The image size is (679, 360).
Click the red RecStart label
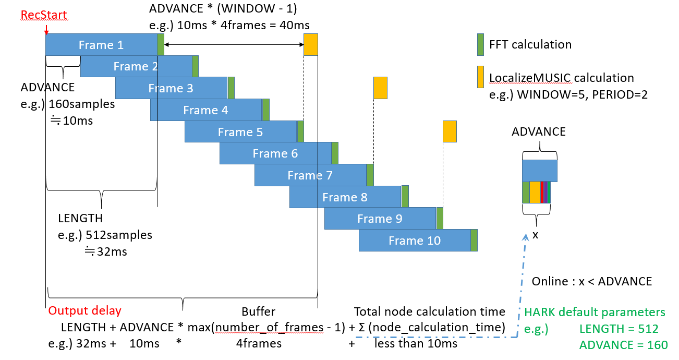tap(44, 15)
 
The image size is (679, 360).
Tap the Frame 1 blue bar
tap(101, 44)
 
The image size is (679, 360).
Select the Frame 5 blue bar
tap(241, 131)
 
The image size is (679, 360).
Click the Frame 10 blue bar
tap(415, 240)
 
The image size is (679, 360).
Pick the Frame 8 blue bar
tap(345, 197)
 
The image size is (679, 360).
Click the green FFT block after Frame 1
tap(161, 44)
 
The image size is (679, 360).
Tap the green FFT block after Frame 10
tap(474, 240)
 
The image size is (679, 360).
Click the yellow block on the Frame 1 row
tap(311, 44)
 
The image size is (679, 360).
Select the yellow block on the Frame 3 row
tap(380, 88)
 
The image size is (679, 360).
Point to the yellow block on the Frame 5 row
tap(450, 131)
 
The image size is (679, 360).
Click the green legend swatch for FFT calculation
tap(480, 44)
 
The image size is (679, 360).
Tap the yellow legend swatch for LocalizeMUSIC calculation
tap(480, 77)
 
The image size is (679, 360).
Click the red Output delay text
tap(85, 311)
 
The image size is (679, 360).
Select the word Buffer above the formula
tap(259, 311)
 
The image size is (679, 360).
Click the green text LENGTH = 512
tap(619, 329)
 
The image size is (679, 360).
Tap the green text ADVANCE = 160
tap(624, 345)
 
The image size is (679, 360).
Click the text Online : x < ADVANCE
tap(592, 281)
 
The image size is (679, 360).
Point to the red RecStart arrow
tap(46, 30)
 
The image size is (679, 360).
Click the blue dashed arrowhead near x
tap(526, 237)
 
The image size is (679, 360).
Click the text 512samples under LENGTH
tap(119, 235)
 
